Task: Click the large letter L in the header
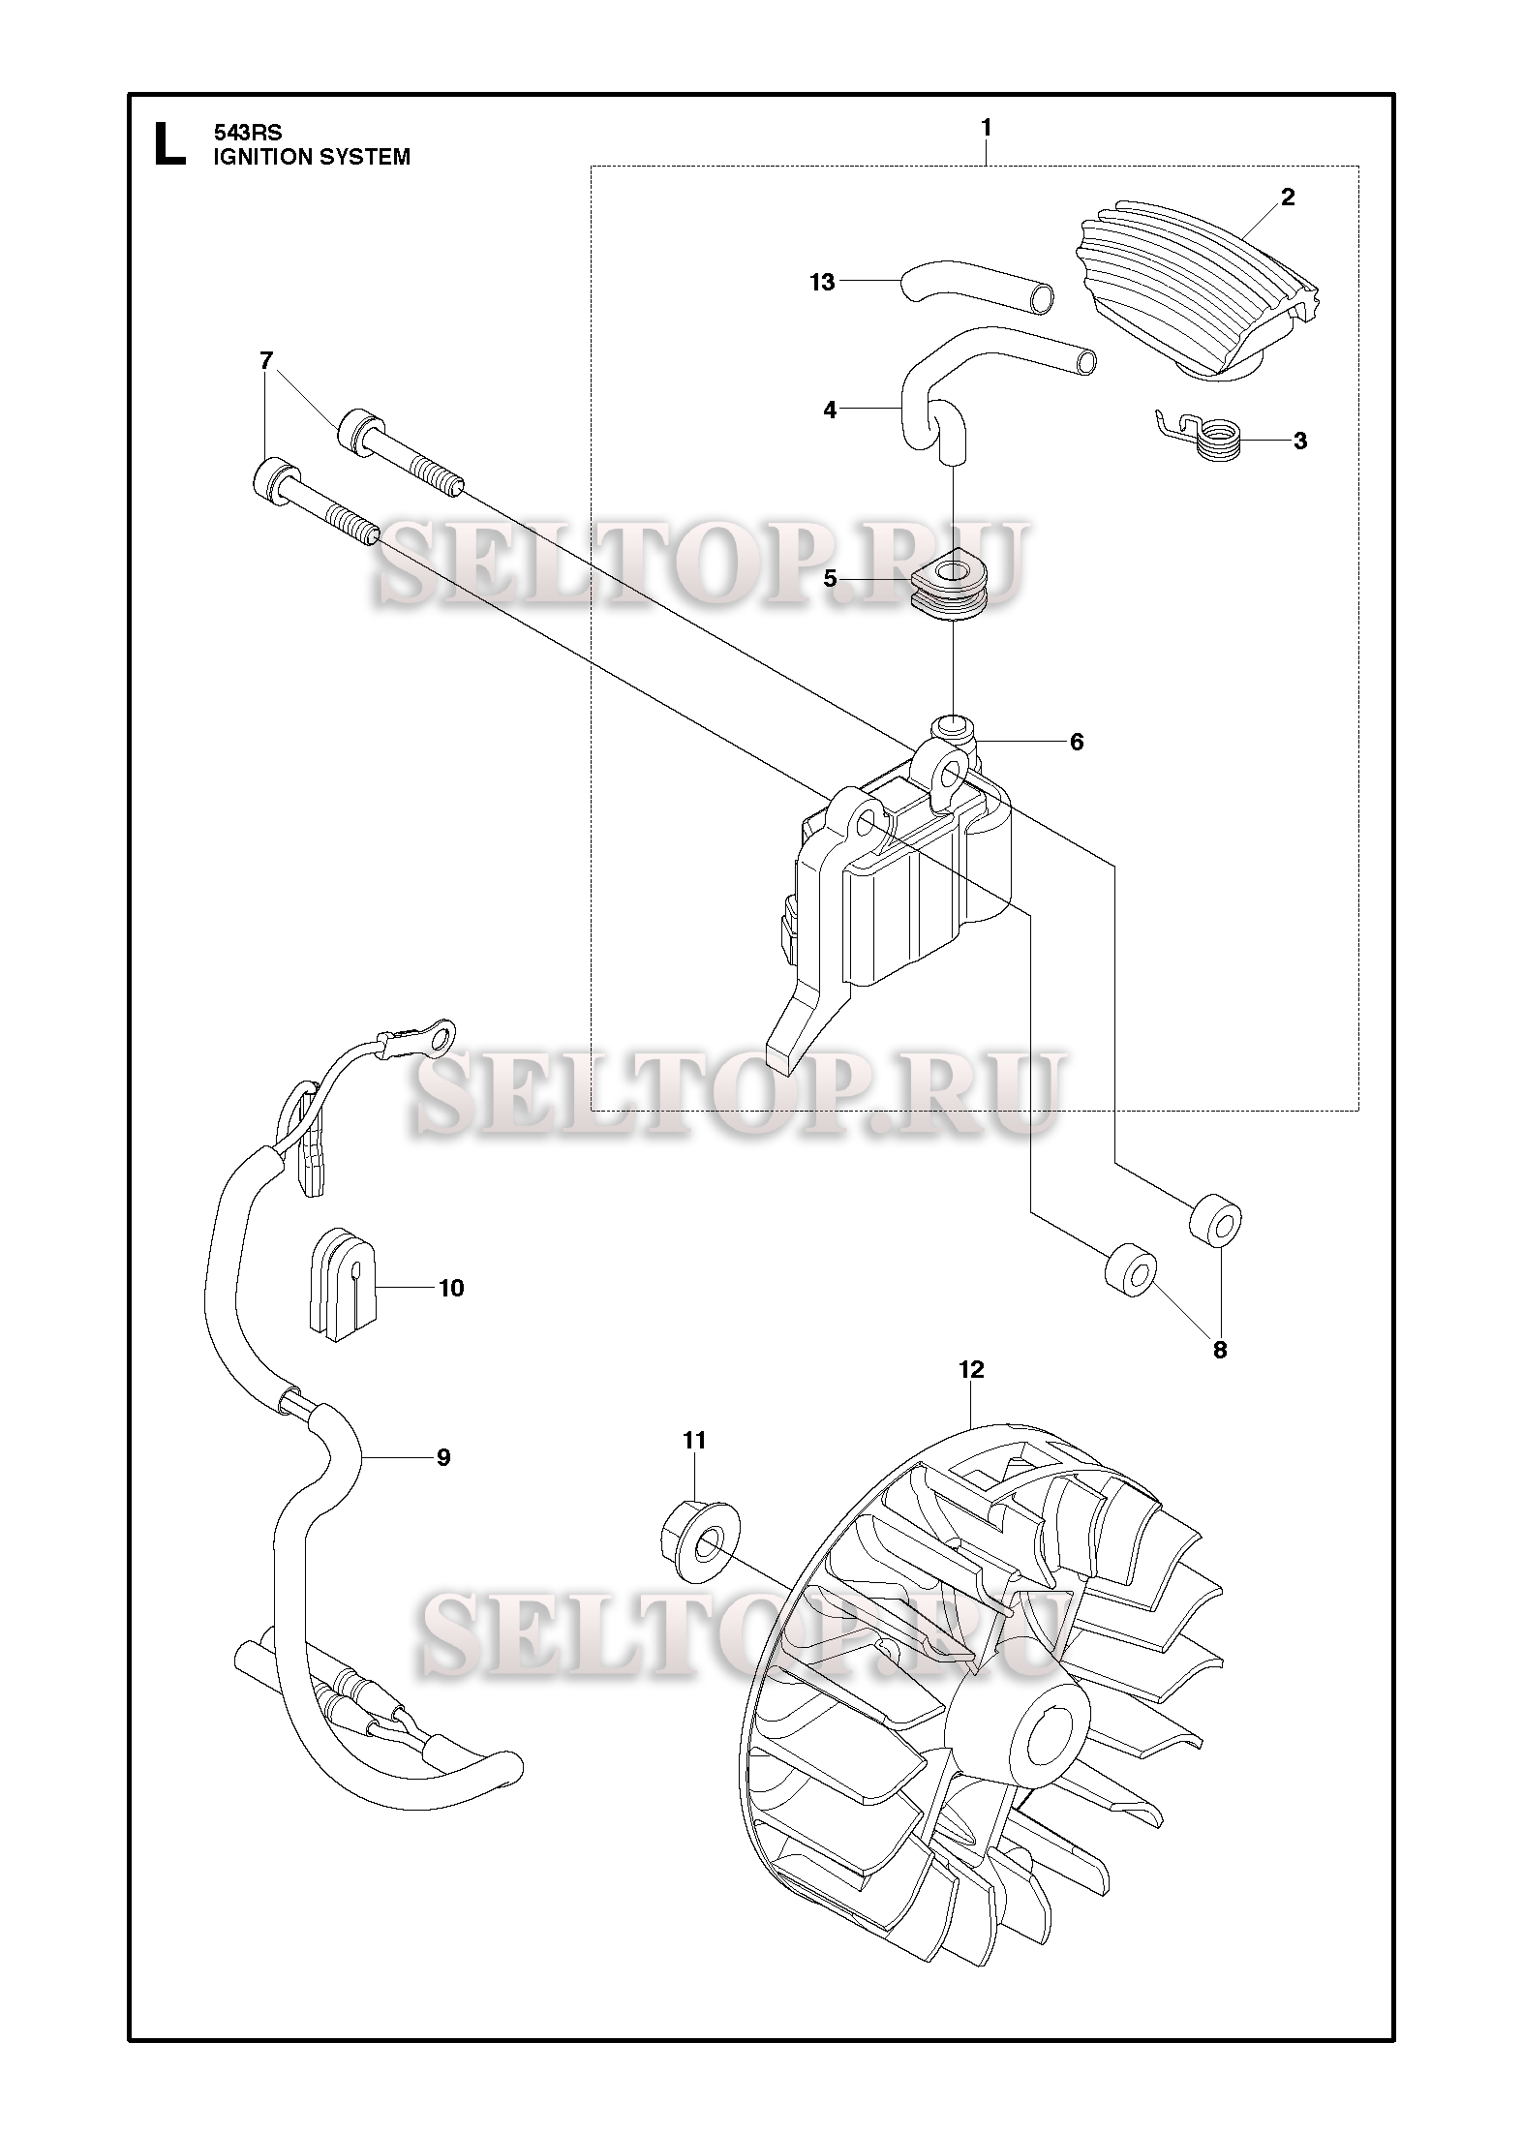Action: point(169,144)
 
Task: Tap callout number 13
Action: point(822,283)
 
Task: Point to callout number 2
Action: point(1287,198)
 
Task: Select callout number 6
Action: point(1077,743)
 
